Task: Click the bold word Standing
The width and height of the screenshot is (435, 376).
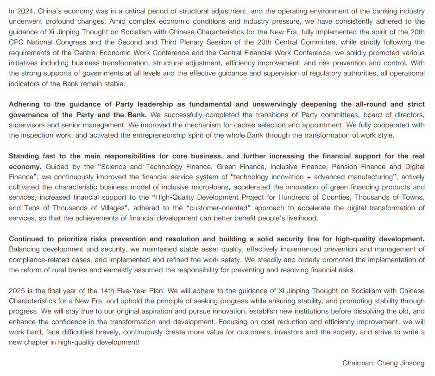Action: pyautogui.click(x=25, y=156)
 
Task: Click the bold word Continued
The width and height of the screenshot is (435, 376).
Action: pyautogui.click(x=27, y=239)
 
